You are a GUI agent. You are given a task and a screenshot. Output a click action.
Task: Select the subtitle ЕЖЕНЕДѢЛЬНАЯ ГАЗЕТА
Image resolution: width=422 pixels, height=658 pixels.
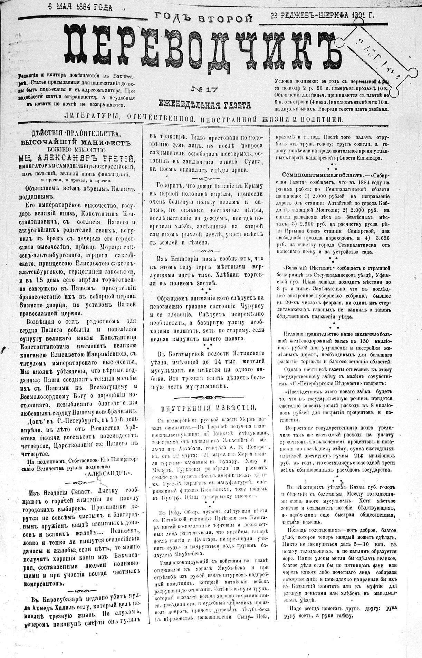point(204,103)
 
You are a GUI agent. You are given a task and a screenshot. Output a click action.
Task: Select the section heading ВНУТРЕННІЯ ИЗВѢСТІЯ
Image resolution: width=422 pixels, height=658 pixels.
point(209,407)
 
